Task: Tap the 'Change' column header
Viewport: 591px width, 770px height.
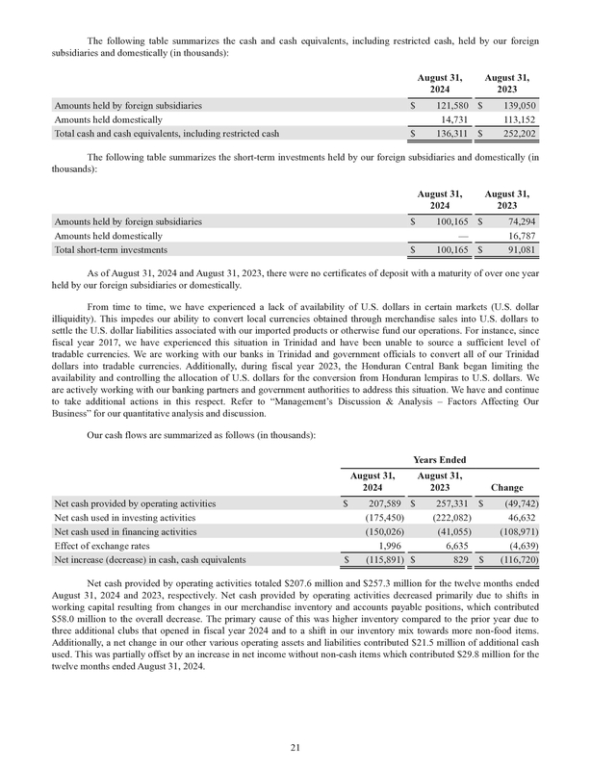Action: pos(509,487)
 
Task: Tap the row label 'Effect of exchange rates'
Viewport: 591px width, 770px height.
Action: pos(106,545)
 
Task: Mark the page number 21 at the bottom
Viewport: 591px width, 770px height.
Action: pos(295,746)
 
